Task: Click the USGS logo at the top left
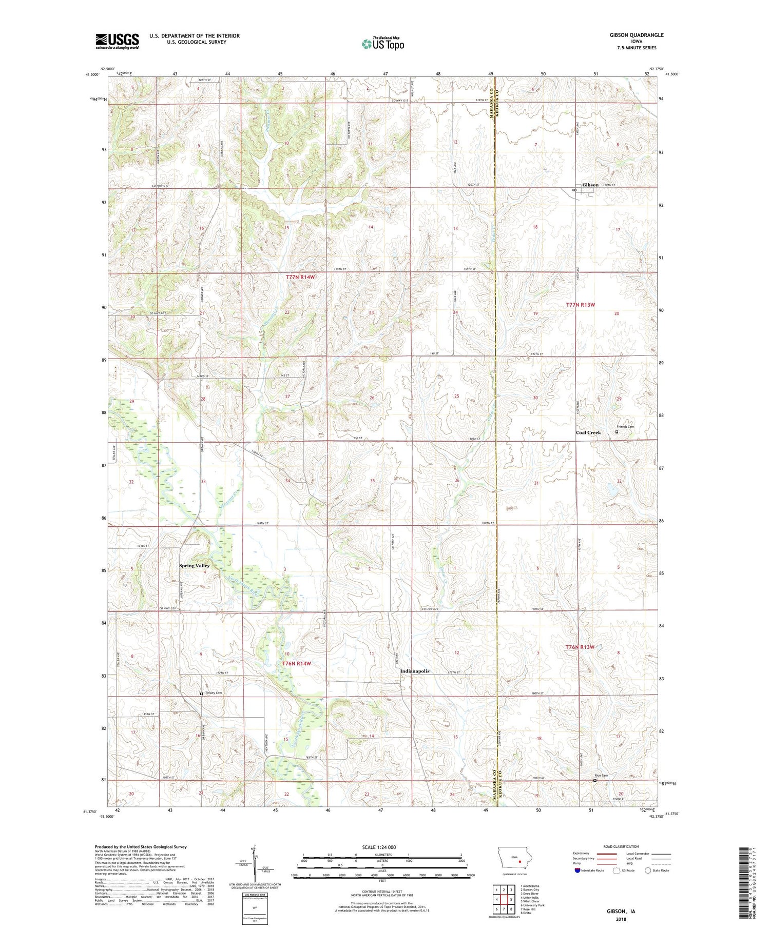point(117,41)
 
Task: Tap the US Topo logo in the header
point(382,44)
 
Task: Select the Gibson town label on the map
point(590,185)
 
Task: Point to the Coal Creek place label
point(588,432)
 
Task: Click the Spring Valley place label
point(194,565)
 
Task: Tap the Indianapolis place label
point(415,671)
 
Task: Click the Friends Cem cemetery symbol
point(617,432)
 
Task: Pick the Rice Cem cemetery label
point(601,775)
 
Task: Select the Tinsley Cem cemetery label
point(214,693)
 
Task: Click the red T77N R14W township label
point(300,277)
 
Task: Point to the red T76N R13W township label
point(580,647)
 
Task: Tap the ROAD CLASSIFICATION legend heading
point(621,846)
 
